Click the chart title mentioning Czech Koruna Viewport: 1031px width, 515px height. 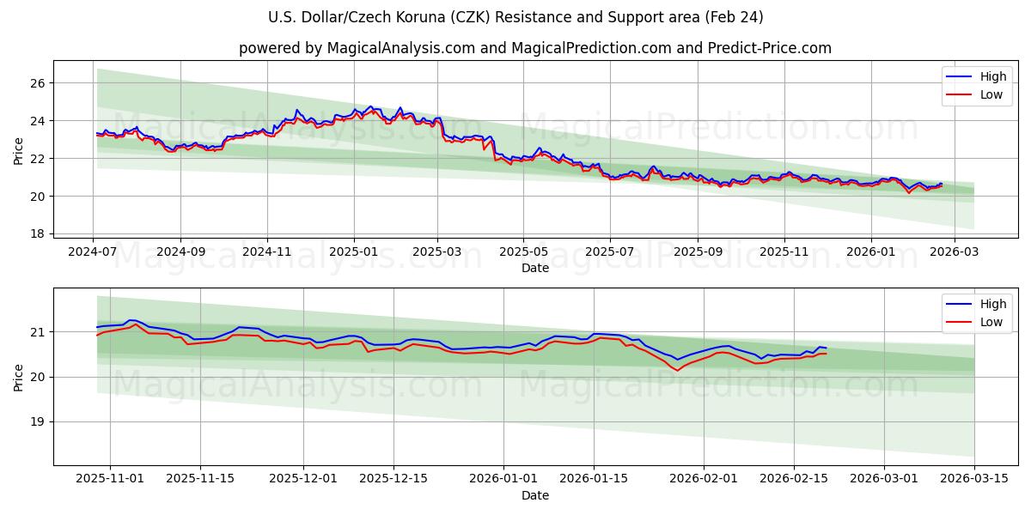point(515,17)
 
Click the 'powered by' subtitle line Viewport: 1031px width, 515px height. point(534,48)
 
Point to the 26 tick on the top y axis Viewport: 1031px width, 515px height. point(38,83)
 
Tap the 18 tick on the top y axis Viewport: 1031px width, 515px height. point(38,233)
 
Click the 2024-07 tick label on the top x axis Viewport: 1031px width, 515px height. point(93,252)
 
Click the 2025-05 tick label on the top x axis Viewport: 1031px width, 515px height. point(523,252)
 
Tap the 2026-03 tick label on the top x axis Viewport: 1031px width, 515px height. point(955,252)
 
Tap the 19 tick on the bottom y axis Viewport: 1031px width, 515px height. point(38,422)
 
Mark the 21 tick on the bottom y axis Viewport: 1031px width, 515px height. point(38,332)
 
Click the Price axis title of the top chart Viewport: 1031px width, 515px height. point(19,151)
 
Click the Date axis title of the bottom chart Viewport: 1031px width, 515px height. point(534,495)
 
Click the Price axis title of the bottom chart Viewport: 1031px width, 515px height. point(19,378)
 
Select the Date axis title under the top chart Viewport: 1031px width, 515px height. point(534,268)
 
